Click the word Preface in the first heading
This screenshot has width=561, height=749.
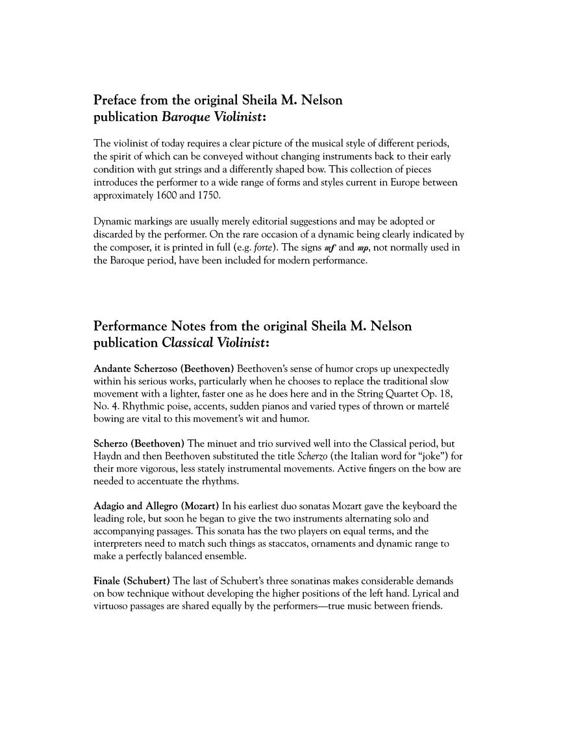(x=115, y=101)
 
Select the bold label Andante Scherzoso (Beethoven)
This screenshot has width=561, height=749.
(x=164, y=369)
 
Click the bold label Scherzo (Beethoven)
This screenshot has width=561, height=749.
(x=139, y=443)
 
